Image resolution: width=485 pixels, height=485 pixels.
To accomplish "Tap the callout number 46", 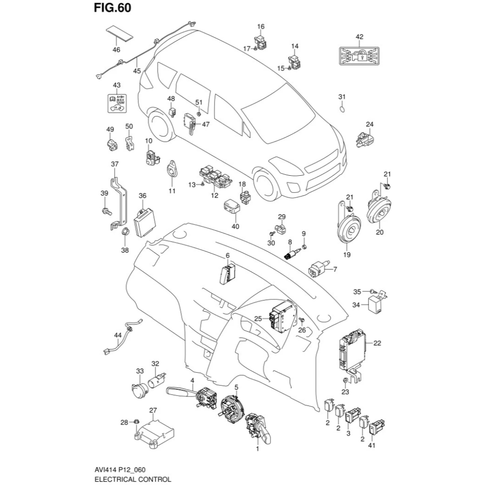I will point(117,50).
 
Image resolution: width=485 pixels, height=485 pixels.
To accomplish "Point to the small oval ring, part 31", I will point(342,110).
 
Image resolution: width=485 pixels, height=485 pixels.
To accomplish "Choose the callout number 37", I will point(114,164).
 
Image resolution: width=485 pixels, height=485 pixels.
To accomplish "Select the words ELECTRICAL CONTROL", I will point(133,479).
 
